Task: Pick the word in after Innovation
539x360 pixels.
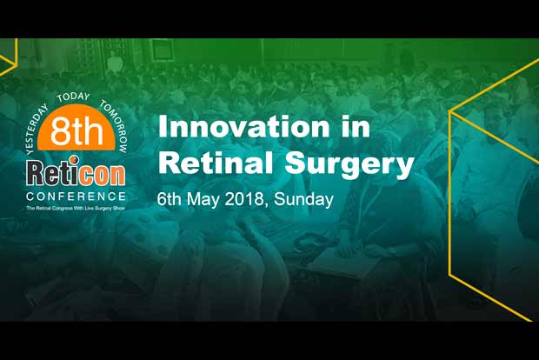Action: pos(349,127)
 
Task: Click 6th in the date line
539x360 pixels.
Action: pos(169,199)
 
